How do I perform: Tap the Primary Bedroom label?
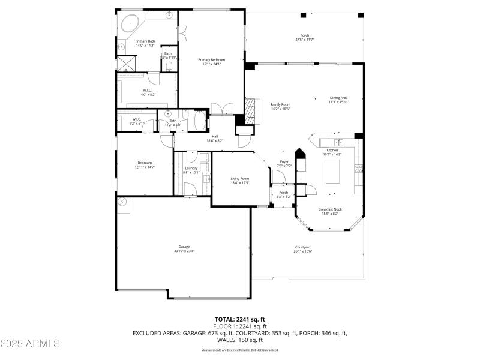click(x=212, y=60)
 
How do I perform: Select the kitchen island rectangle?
click(x=332, y=172)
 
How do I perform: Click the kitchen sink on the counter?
click(x=339, y=142)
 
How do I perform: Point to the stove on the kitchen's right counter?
click(x=359, y=169)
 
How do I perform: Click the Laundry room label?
click(x=191, y=169)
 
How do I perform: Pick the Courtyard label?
click(x=302, y=247)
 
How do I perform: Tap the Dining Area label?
click(x=338, y=98)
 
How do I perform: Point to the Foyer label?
click(x=284, y=162)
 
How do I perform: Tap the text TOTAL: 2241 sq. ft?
click(x=239, y=319)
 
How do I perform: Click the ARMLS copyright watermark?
click(x=30, y=344)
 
